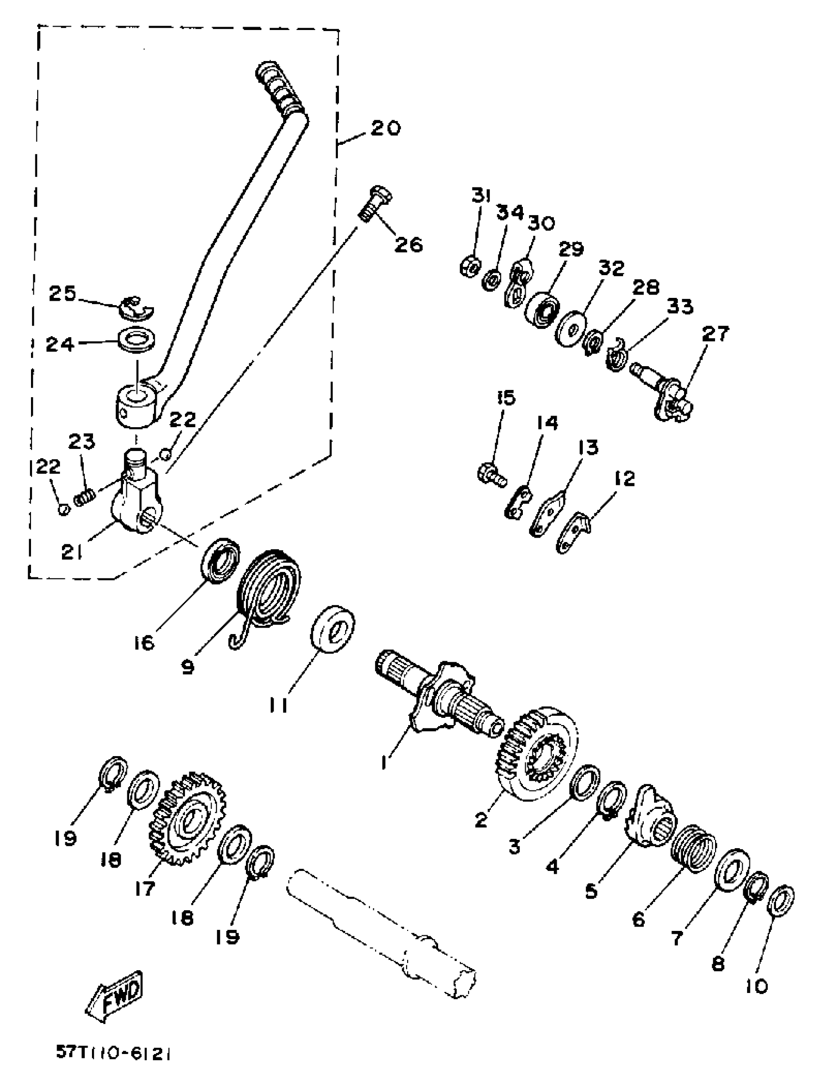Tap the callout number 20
point(385,128)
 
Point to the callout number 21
point(72,552)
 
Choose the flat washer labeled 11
point(333,630)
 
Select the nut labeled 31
point(468,266)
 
